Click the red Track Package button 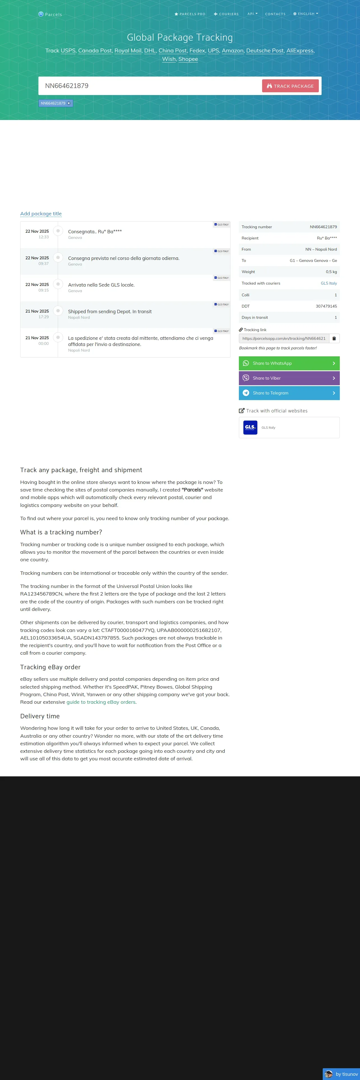pyautogui.click(x=290, y=86)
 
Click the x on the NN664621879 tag pyautogui.click(x=69, y=103)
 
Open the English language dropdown pyautogui.click(x=306, y=14)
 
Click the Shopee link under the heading pyautogui.click(x=188, y=59)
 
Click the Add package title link pyautogui.click(x=41, y=214)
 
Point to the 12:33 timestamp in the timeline pyautogui.click(x=43, y=237)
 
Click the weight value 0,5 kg pyautogui.click(x=331, y=272)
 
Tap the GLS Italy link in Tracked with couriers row pyautogui.click(x=329, y=283)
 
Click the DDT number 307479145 pyautogui.click(x=326, y=306)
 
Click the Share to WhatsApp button pyautogui.click(x=289, y=363)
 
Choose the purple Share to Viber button pyautogui.click(x=289, y=378)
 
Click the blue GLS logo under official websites pyautogui.click(x=250, y=428)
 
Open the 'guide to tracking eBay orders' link pyautogui.click(x=101, y=702)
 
